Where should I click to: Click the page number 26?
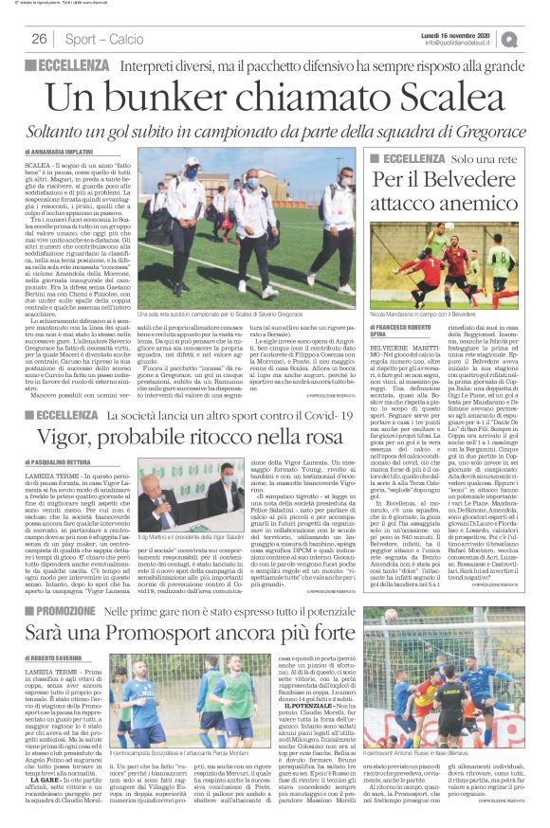[x=40, y=39]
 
